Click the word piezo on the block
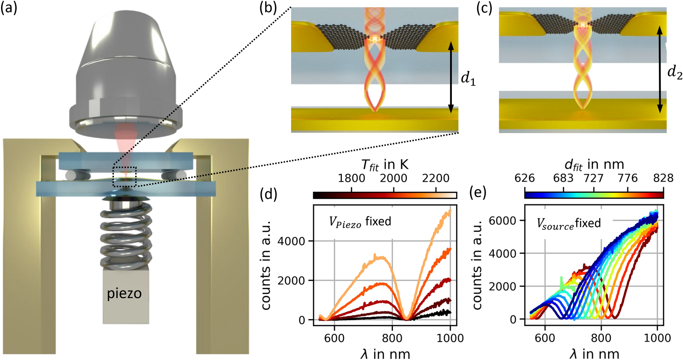tap(124, 294)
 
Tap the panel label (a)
tap(9, 7)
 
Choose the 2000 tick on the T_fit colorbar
tap(393, 178)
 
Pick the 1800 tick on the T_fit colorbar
tap(351, 178)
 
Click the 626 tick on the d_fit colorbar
tap(525, 178)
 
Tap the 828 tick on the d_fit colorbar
tap(663, 178)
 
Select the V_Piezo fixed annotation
tap(360, 222)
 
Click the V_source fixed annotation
tap(568, 223)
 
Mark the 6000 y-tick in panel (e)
tap(502, 220)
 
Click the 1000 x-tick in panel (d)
tap(450, 338)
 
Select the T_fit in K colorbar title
tap(385, 165)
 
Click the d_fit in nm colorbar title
tap(594, 164)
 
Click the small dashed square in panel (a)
tap(125, 176)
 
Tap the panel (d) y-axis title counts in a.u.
tap(267, 265)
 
